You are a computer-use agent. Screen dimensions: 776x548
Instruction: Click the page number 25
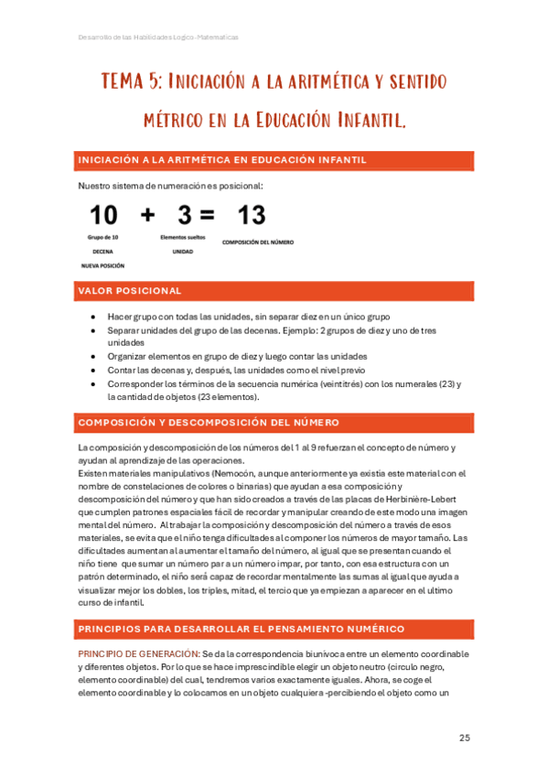[x=464, y=738]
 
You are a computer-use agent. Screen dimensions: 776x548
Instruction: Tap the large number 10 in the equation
[x=103, y=215]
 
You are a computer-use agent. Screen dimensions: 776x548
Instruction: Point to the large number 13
[x=252, y=216]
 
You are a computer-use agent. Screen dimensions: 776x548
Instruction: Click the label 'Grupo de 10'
[x=103, y=237]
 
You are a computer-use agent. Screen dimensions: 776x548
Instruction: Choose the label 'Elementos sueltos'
[x=183, y=237]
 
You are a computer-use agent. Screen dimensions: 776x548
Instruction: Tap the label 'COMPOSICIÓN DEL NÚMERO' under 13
[x=258, y=242]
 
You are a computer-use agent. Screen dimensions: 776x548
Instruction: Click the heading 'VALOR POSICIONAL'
[x=130, y=291]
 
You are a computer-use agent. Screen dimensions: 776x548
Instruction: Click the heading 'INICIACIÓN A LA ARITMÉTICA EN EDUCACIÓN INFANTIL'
[x=222, y=160]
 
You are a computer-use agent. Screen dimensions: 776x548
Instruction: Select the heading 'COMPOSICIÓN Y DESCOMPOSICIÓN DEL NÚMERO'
[x=210, y=423]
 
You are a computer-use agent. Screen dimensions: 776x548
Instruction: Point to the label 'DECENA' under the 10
[x=103, y=251]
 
